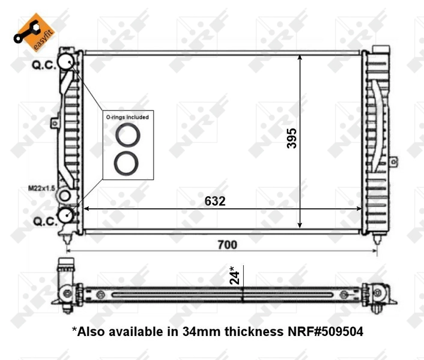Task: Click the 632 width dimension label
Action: (214, 201)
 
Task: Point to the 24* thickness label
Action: (235, 275)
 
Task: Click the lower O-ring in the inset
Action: (127, 163)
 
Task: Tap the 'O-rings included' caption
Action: (127, 117)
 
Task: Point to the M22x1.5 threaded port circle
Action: (65, 196)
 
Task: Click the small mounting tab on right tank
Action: (393, 161)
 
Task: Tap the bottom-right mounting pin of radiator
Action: (377, 239)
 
